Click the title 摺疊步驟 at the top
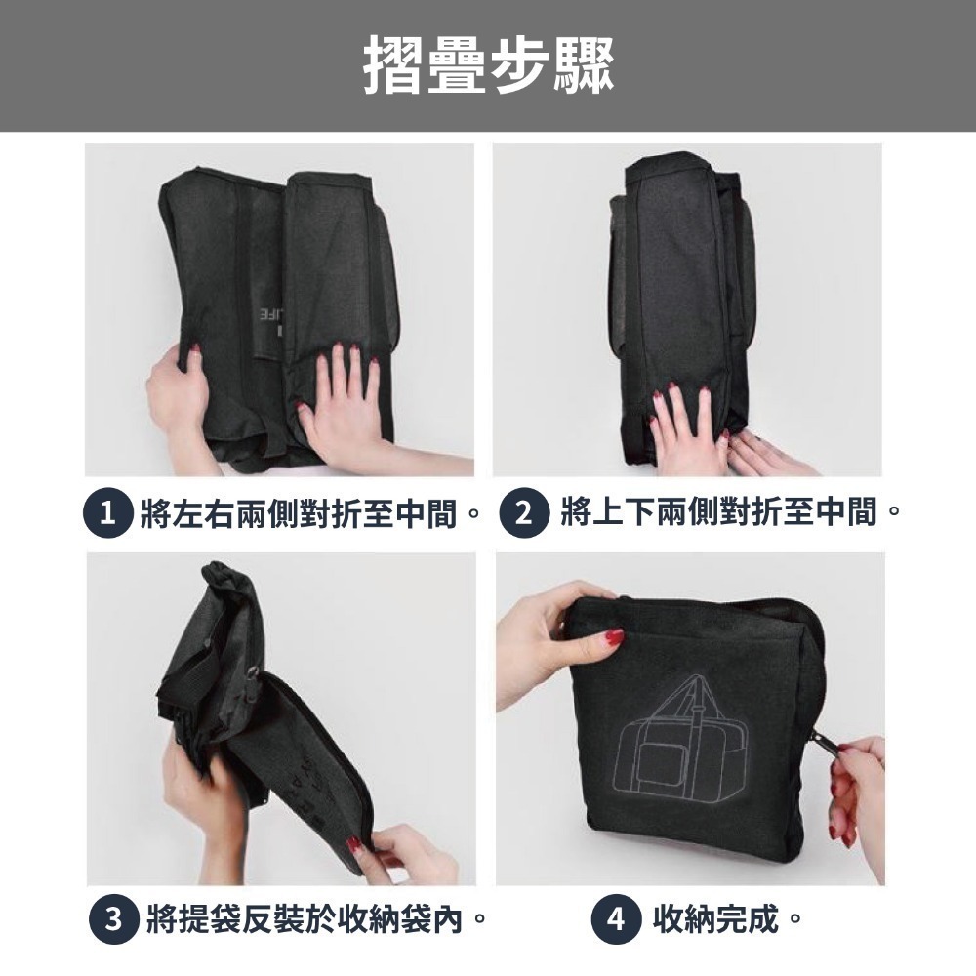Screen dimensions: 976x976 pos(488,64)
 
